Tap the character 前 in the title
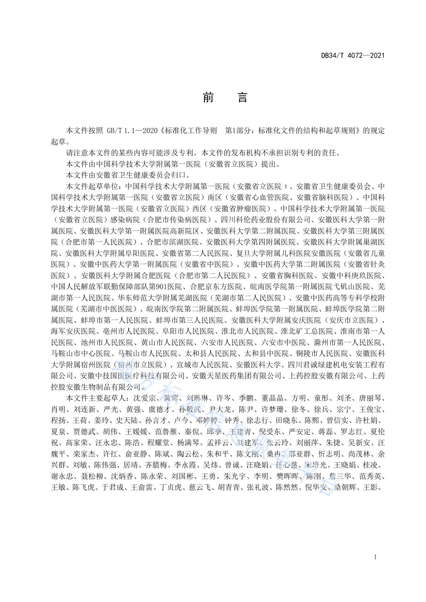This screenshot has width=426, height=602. (x=208, y=98)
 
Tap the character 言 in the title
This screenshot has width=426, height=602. (x=242, y=98)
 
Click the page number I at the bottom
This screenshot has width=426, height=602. (x=376, y=557)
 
